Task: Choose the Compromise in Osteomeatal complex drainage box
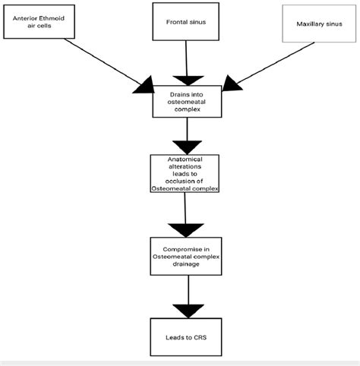pos(186,257)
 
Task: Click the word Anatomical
pos(186,159)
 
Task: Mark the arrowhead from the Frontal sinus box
pos(186,79)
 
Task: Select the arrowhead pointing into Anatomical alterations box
pos(186,146)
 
